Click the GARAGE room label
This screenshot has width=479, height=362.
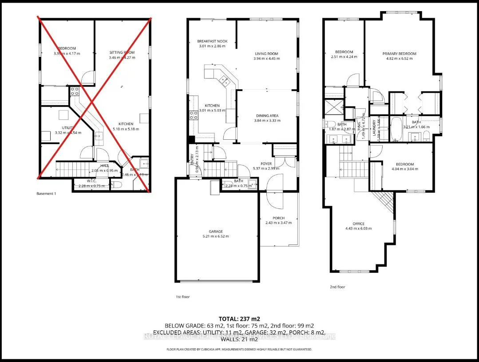click(x=216, y=231)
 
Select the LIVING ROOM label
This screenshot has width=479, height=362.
click(x=266, y=54)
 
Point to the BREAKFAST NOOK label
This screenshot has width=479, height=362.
click(x=212, y=41)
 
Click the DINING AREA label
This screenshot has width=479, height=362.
click(x=266, y=116)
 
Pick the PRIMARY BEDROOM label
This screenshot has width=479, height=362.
click(x=400, y=54)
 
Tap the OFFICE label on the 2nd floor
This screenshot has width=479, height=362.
click(x=358, y=224)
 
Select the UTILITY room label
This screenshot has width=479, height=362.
click(x=67, y=128)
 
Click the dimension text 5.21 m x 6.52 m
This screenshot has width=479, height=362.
click(x=216, y=236)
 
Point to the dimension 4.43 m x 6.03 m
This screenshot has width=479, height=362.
click(x=358, y=228)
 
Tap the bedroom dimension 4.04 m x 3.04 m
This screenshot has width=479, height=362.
click(x=404, y=169)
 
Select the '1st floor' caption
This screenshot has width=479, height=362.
click(x=182, y=297)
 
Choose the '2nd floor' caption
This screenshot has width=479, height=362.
click(x=337, y=287)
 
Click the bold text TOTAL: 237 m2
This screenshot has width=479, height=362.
click(x=239, y=319)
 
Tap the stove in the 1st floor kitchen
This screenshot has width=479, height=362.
click(x=194, y=115)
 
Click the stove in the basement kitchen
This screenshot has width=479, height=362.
click(x=74, y=91)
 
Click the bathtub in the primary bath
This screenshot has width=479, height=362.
click(x=396, y=129)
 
